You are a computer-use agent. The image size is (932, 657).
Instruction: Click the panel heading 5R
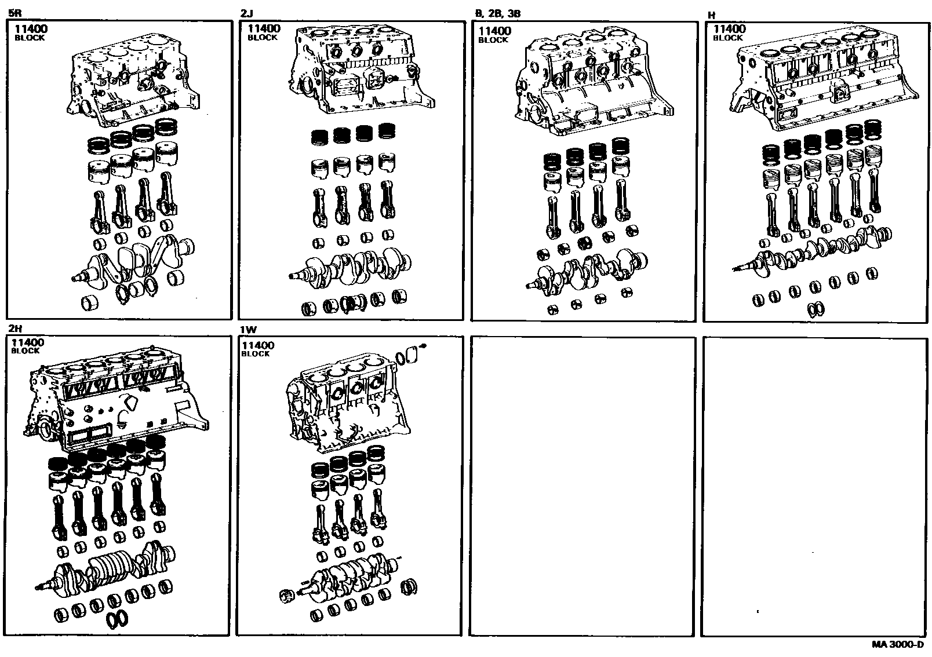pos(14,13)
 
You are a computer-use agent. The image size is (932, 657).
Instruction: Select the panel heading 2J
pos(246,14)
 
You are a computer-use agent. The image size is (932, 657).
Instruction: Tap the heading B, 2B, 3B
pos(498,14)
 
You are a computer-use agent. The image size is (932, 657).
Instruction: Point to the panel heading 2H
pos(16,329)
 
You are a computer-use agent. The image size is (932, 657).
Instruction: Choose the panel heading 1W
pos(249,330)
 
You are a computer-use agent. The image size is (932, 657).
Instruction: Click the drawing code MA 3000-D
pos(897,645)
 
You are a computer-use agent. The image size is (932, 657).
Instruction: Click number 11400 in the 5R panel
pos(31,29)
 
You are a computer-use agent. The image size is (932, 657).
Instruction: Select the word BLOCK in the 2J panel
pos(263,38)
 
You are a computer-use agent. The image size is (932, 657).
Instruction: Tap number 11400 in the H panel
pos(730,29)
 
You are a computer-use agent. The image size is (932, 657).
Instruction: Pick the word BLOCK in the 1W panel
pos(256,354)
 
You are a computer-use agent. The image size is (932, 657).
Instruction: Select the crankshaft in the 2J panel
pos(350,267)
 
